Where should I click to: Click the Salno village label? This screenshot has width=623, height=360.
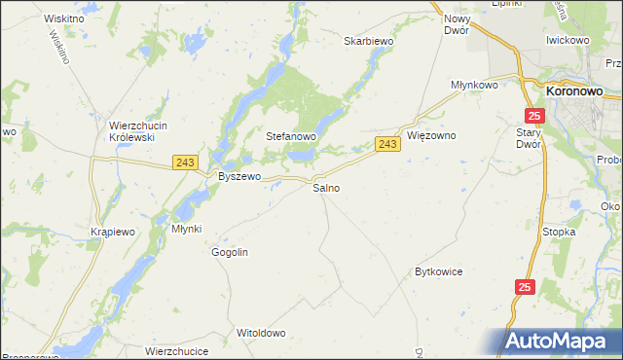[x=326, y=188]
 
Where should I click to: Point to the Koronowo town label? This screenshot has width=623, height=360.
[x=573, y=91]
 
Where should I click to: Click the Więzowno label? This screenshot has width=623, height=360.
[x=431, y=136]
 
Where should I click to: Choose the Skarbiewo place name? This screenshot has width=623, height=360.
[x=368, y=42]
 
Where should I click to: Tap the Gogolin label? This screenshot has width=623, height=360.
[x=231, y=252]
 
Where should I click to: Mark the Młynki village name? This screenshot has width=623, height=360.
[x=186, y=229]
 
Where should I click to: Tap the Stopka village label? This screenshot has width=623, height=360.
[x=560, y=233]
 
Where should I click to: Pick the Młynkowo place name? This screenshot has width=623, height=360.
[x=474, y=86]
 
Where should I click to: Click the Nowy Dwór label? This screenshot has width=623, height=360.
[x=457, y=25]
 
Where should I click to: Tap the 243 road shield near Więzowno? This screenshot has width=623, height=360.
[x=387, y=144]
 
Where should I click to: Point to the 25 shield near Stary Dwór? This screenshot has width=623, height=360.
[x=541, y=116]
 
